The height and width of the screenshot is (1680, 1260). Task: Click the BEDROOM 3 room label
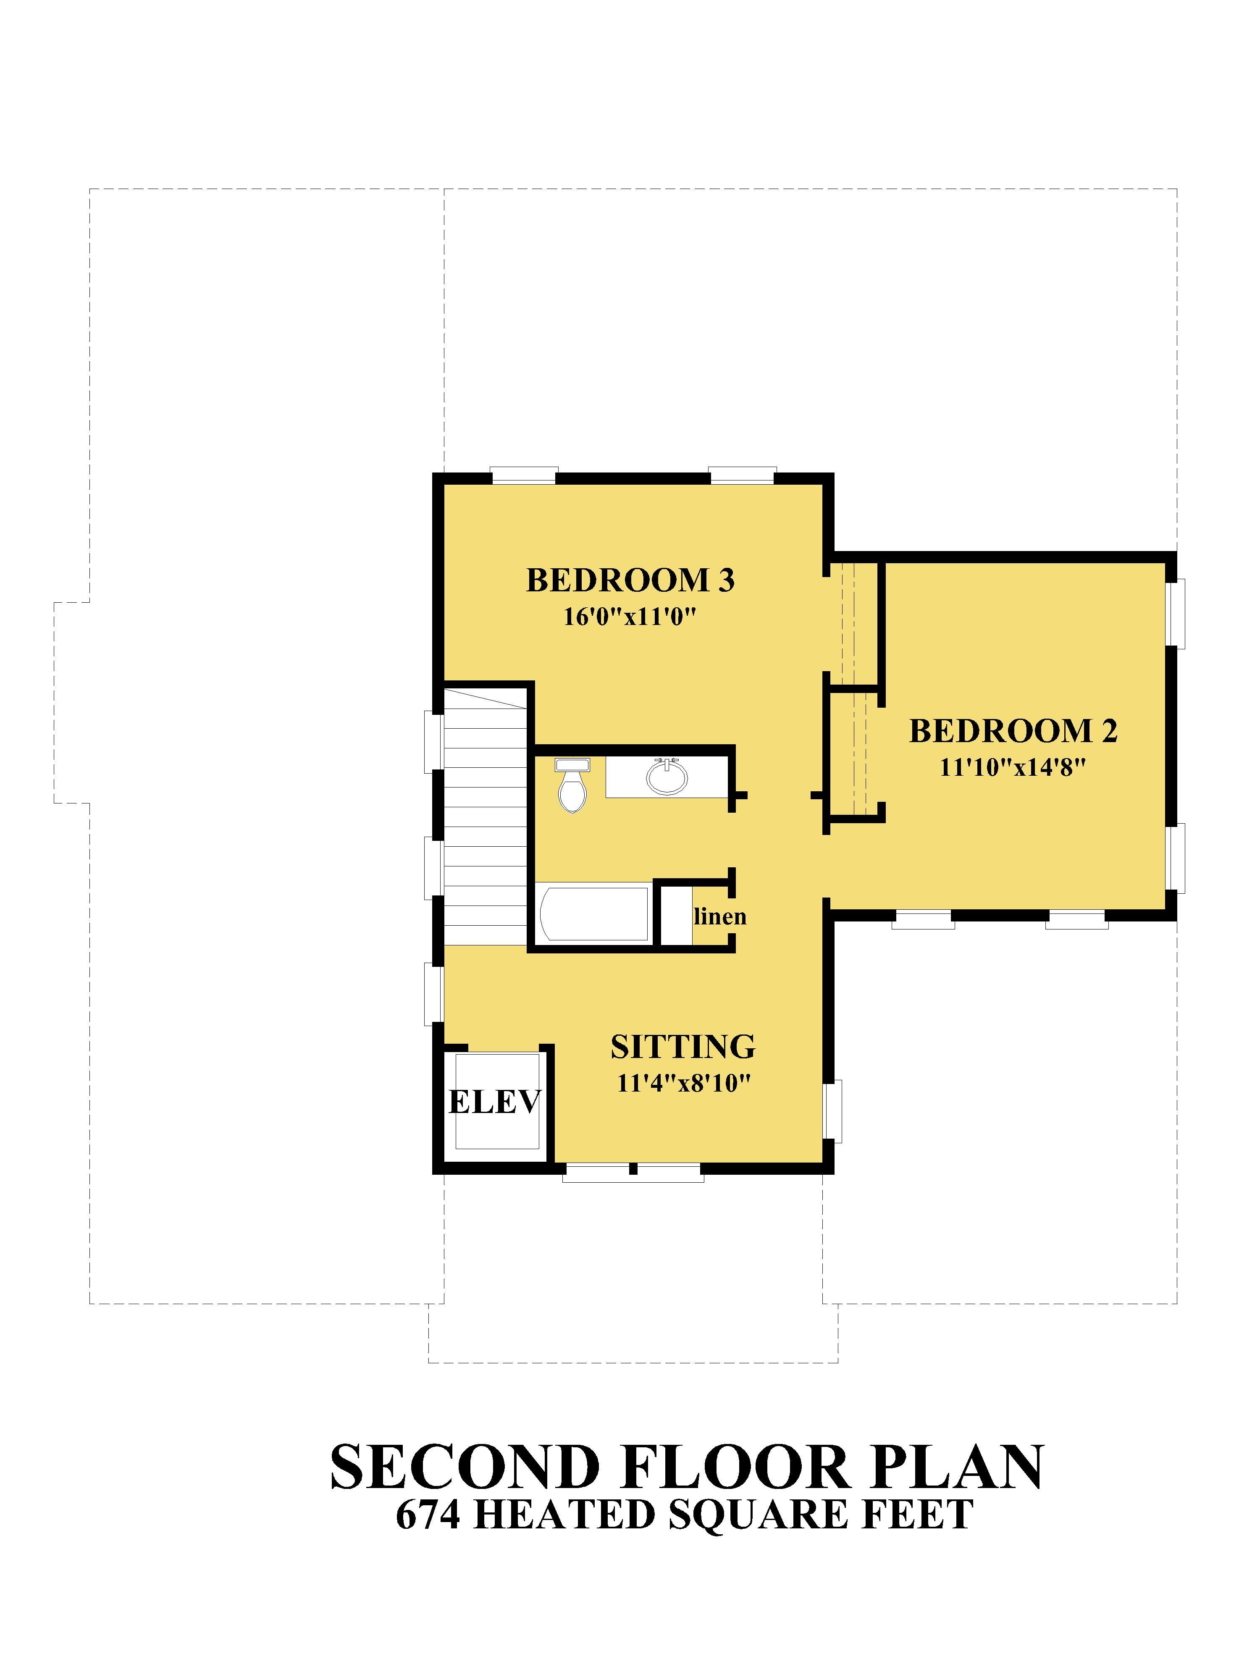click(x=630, y=580)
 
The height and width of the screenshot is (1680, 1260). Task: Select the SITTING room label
click(x=683, y=1047)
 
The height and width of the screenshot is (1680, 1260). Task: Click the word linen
click(x=720, y=917)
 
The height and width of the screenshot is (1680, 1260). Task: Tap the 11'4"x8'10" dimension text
click(x=683, y=1083)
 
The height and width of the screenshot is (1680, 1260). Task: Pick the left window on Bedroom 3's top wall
click(x=524, y=475)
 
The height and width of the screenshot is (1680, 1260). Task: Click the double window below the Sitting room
click(x=633, y=1173)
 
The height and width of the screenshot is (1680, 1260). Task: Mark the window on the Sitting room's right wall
click(x=833, y=1111)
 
